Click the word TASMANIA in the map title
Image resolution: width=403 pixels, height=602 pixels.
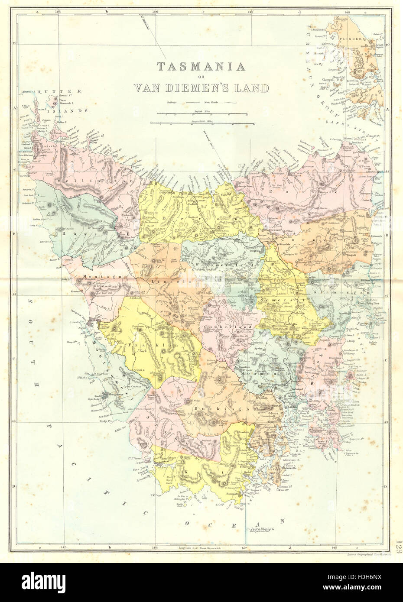pos(201,67)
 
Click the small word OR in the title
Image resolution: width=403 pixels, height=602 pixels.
pos(201,78)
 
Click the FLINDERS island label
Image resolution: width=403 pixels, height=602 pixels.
pos(368,43)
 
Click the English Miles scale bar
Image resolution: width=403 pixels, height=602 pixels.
pos(201,114)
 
